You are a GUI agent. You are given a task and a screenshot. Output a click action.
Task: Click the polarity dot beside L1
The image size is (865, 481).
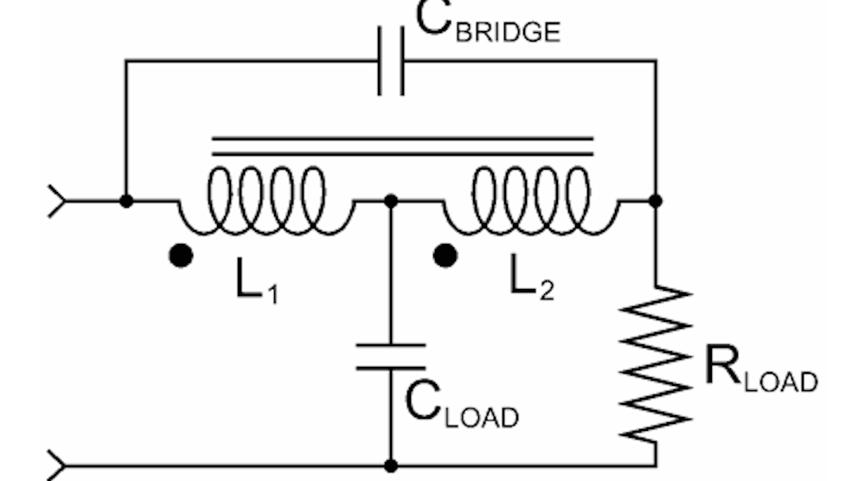pyautogui.click(x=181, y=256)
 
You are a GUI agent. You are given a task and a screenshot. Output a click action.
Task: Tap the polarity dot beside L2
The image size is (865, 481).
pyautogui.click(x=445, y=256)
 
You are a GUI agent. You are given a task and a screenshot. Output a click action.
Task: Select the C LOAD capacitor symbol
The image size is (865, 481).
pyautogui.click(x=391, y=356)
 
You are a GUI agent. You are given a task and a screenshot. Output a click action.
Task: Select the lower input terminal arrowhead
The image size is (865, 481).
pyautogui.click(x=56, y=465)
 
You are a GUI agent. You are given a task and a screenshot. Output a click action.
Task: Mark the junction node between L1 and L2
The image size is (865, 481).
pyautogui.click(x=391, y=201)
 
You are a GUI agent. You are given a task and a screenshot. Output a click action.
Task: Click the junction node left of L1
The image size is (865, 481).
pyautogui.click(x=126, y=201)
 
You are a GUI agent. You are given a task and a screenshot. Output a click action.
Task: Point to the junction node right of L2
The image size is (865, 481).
pyautogui.click(x=656, y=201)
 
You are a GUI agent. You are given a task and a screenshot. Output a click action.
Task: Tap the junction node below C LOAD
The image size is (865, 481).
pyautogui.click(x=391, y=465)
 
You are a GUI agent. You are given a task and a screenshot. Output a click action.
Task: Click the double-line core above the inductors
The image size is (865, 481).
pyautogui.click(x=402, y=145)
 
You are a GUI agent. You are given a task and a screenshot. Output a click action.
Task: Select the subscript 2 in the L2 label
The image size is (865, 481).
pyautogui.click(x=546, y=292)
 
